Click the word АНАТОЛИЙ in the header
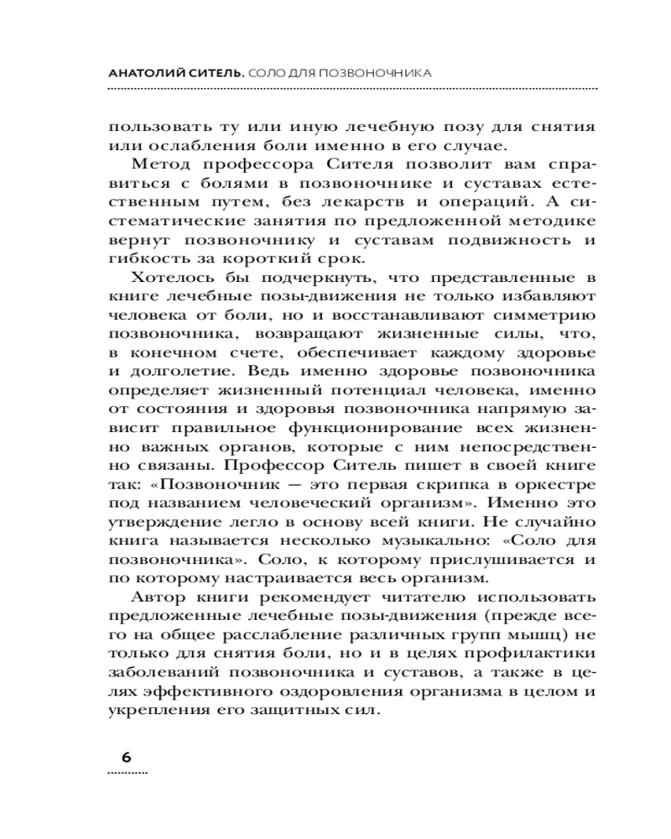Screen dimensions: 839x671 pyautogui.click(x=148, y=73)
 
